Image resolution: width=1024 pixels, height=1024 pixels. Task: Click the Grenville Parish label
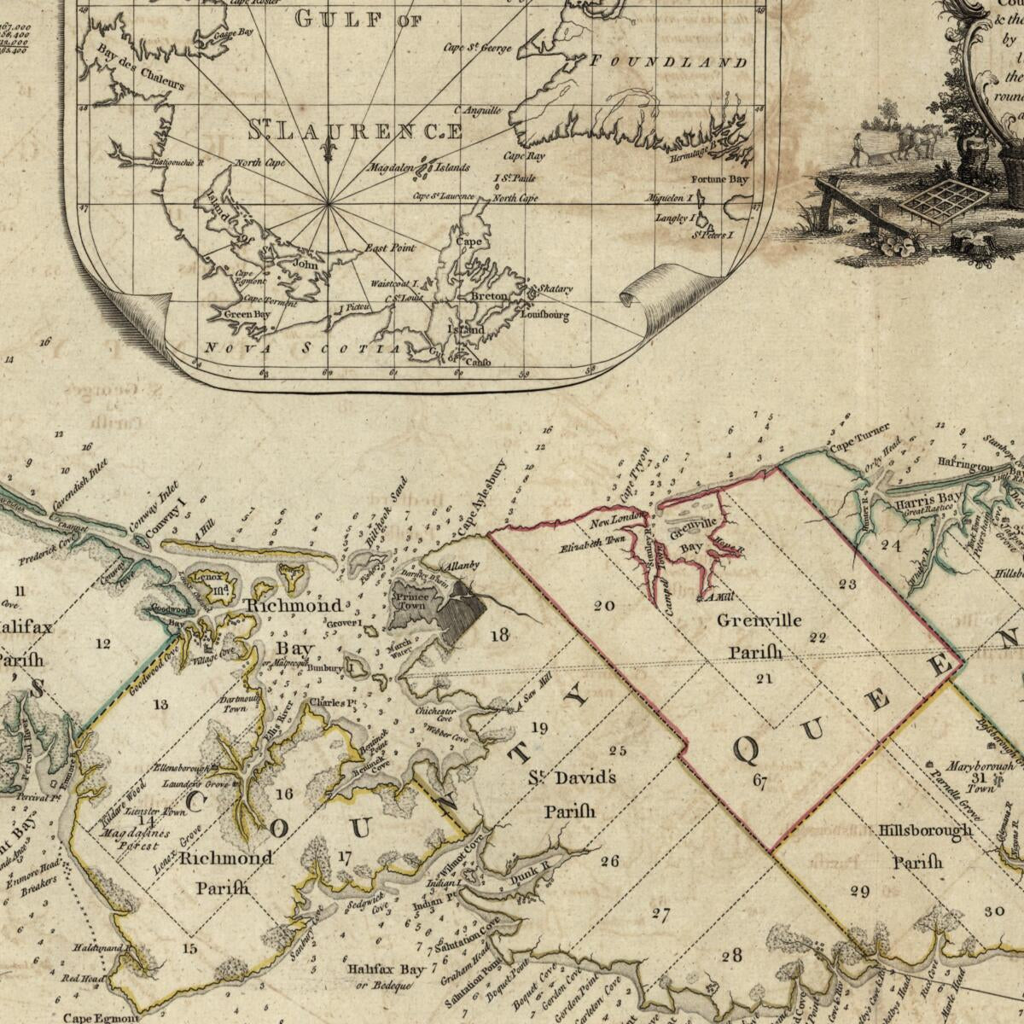point(759,636)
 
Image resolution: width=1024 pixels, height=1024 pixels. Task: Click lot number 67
point(759,779)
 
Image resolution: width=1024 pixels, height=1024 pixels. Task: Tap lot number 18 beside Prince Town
point(499,634)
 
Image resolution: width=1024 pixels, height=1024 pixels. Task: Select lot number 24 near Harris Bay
point(891,544)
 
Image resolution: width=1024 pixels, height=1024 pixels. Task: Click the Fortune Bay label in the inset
point(719,180)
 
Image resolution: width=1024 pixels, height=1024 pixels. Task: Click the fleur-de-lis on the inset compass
point(328,150)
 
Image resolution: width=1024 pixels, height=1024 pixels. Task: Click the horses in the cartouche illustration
point(917,141)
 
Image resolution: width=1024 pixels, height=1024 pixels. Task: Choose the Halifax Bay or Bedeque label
point(385,977)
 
